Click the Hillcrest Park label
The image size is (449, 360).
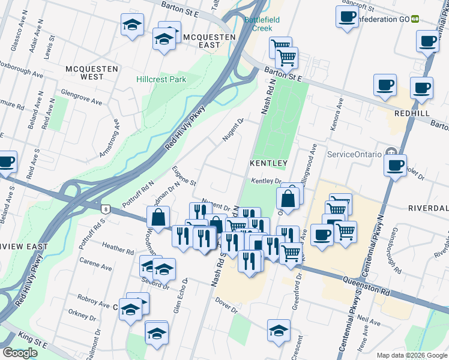(161, 79)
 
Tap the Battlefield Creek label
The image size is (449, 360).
(262, 24)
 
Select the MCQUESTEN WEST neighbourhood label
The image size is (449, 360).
(92, 73)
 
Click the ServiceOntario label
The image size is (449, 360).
(354, 154)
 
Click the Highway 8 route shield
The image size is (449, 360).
(106, 209)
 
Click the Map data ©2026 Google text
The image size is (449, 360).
(411, 355)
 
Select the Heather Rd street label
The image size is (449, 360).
(117, 247)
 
